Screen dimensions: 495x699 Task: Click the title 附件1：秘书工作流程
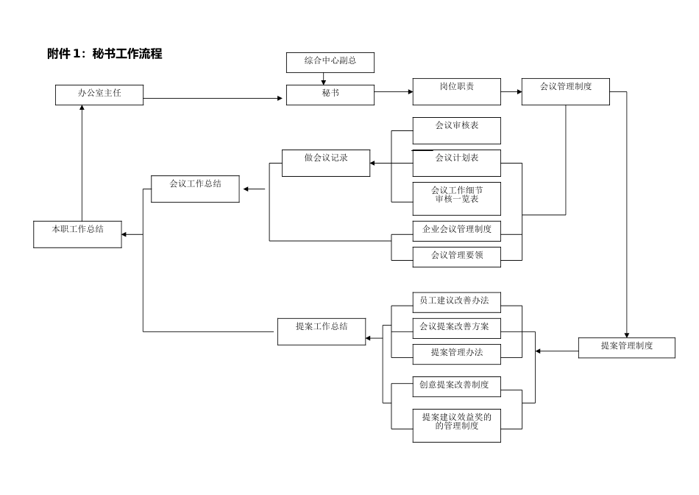pyautogui.click(x=104, y=54)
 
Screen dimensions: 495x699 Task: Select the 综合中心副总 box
pyautogui.click(x=330, y=63)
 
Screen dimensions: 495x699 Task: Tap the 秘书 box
pyautogui.click(x=330, y=94)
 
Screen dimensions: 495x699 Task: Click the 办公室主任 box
pyautogui.click(x=99, y=94)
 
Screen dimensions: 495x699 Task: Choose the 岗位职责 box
pyautogui.click(x=456, y=91)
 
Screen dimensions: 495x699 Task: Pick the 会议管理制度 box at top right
pyautogui.click(x=565, y=91)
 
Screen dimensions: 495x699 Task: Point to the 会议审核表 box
pyautogui.click(x=456, y=130)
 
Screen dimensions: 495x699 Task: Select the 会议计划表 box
pyautogui.click(x=456, y=163)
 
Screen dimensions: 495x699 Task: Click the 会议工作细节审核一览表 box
pyautogui.click(x=456, y=198)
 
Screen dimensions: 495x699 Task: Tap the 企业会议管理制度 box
pyautogui.click(x=456, y=231)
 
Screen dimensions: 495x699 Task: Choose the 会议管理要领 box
pyautogui.click(x=456, y=256)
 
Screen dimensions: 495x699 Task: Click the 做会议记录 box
pyautogui.click(x=326, y=163)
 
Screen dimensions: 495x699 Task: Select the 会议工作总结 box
pyautogui.click(x=195, y=189)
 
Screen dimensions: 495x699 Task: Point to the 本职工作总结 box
pyautogui.click(x=77, y=234)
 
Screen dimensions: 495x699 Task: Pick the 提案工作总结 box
pyautogui.click(x=322, y=331)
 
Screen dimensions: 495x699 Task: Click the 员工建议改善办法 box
pyautogui.click(x=456, y=304)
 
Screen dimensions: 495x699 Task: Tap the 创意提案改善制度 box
pyautogui.click(x=456, y=387)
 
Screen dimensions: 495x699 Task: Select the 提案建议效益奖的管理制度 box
pyautogui.click(x=456, y=425)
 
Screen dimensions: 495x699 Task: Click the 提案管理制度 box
pyautogui.click(x=626, y=348)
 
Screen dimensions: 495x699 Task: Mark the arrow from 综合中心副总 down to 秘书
pyautogui.click(x=324, y=79)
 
